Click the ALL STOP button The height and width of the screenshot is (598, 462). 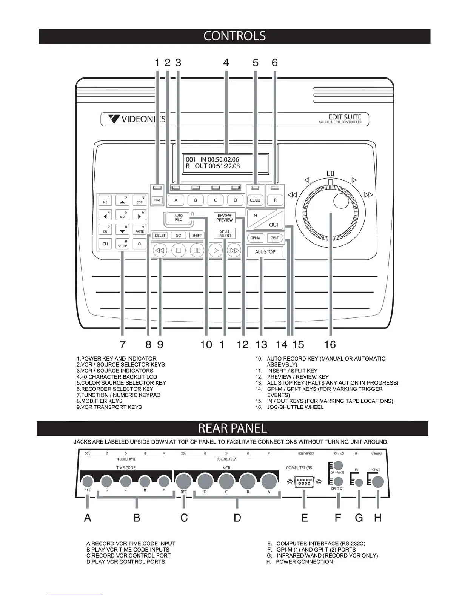pyautogui.click(x=265, y=252)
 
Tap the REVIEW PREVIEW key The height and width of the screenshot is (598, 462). pyautogui.click(x=225, y=218)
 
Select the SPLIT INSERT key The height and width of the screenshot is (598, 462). pyautogui.click(x=225, y=233)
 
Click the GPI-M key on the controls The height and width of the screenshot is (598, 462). pyautogui.click(x=255, y=238)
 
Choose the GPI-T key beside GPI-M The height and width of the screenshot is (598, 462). pyautogui.click(x=275, y=238)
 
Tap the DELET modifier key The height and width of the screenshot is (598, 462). pyautogui.click(x=160, y=235)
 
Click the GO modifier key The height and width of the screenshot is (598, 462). pyautogui.click(x=179, y=235)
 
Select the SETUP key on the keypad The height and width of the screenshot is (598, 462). pyautogui.click(x=122, y=244)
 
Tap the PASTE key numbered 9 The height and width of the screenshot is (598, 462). pyautogui.click(x=139, y=230)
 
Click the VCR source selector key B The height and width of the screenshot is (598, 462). pyautogui.click(x=196, y=200)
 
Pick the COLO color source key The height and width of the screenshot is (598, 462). pyautogui.click(x=255, y=200)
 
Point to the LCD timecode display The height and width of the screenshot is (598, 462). pyautogui.click(x=225, y=163)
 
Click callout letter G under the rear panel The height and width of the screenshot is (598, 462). pyautogui.click(x=359, y=518)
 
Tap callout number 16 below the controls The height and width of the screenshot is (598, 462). pyautogui.click(x=330, y=344)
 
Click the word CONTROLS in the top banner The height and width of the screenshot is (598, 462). pyautogui.click(x=234, y=36)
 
